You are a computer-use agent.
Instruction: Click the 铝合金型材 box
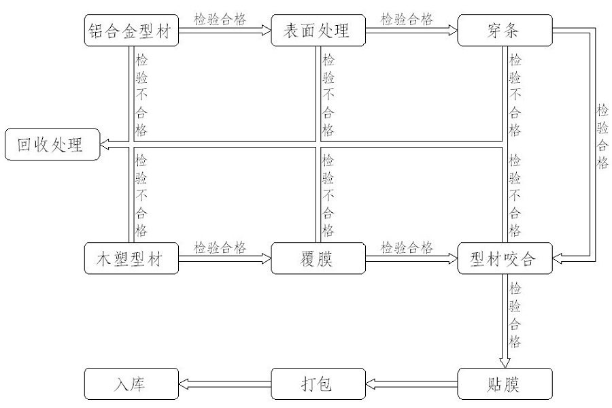(131, 31)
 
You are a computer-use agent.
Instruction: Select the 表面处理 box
(318, 31)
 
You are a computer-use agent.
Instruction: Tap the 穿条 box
(505, 31)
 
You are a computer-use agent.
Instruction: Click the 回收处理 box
(52, 144)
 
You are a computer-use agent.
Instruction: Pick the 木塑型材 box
(131, 258)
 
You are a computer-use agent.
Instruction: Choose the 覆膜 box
(318, 258)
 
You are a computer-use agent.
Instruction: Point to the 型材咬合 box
(505, 258)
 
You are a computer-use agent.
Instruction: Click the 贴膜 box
(505, 384)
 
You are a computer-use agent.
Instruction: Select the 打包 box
(318, 384)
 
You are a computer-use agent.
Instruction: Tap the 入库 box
(131, 384)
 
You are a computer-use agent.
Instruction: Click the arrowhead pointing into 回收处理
(104, 144)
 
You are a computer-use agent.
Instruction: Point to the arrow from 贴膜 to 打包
(411, 384)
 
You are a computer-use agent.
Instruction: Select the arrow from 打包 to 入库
(225, 384)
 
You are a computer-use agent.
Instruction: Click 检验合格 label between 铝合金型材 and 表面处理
(220, 19)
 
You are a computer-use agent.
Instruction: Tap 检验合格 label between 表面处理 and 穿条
(407, 19)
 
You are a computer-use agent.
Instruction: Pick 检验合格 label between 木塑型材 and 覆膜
(220, 247)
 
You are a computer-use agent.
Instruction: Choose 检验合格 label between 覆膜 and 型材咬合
(407, 247)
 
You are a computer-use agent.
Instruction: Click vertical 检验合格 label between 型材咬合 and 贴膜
(515, 315)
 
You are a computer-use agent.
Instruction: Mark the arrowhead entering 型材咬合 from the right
(557, 258)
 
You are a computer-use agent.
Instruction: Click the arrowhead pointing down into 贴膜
(505, 363)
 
